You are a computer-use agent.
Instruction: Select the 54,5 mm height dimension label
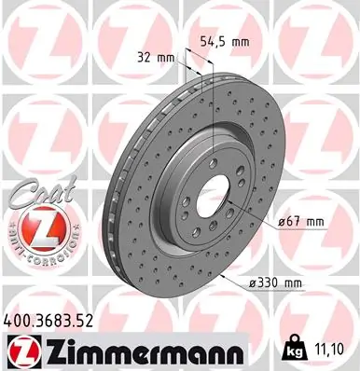(225, 41)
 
